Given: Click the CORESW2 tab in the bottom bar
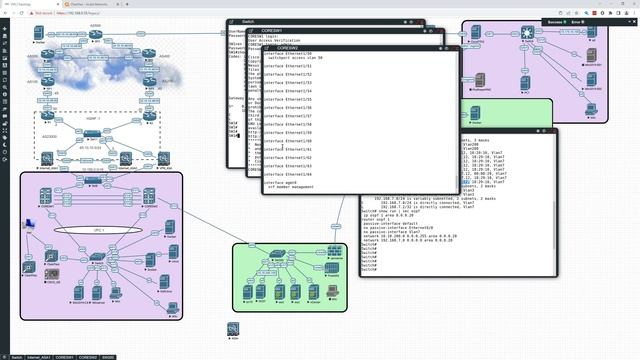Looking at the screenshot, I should coord(89,356).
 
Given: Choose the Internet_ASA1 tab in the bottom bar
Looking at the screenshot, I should coord(36,356).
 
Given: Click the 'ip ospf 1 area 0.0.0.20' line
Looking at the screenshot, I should coord(390,239).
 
